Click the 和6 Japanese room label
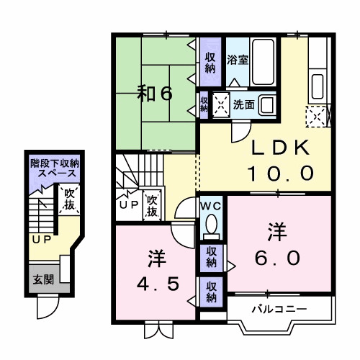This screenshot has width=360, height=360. click(156, 93)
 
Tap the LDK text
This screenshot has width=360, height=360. click(281, 148)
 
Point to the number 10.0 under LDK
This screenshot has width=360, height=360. click(281, 173)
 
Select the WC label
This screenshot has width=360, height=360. click(211, 206)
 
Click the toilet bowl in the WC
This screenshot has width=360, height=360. click(211, 227)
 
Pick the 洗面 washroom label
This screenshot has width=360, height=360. click(243, 104)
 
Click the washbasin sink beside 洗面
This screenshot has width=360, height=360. click(268, 105)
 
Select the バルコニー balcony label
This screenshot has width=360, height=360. click(279, 310)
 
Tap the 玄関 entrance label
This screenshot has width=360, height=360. click(42, 279)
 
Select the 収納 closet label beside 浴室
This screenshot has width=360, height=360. click(210, 62)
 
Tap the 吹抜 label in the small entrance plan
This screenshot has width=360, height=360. click(69, 199)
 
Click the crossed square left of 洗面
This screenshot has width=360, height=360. click(220, 105)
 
